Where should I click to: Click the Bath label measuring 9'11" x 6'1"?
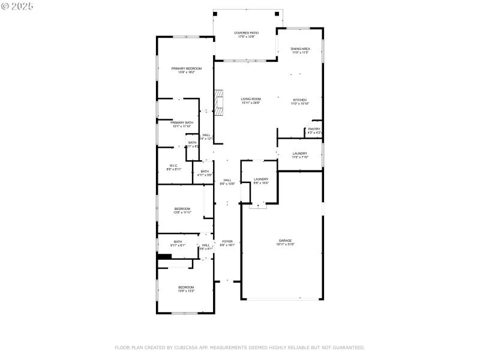(x=178, y=243)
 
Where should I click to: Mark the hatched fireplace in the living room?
(x=219, y=103)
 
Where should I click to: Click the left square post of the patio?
(x=217, y=13)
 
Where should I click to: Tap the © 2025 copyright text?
(x=17, y=5)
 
